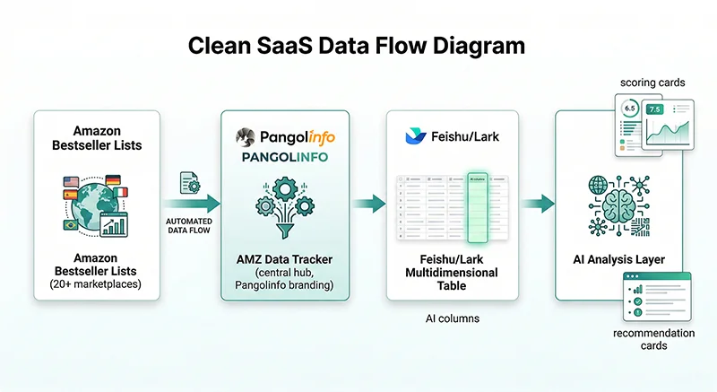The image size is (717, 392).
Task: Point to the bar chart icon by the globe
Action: pos(115,225)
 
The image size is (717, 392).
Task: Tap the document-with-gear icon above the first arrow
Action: pos(190,182)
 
